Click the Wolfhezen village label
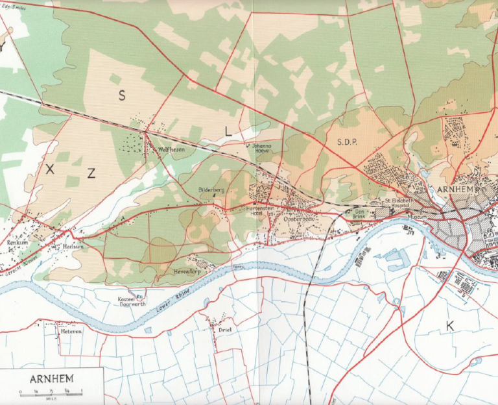click(160, 148)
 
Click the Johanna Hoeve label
click(264, 149)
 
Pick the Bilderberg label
click(211, 190)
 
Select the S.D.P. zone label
click(348, 141)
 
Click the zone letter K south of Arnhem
click(449, 325)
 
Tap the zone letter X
click(50, 169)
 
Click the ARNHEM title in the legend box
click(51, 379)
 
